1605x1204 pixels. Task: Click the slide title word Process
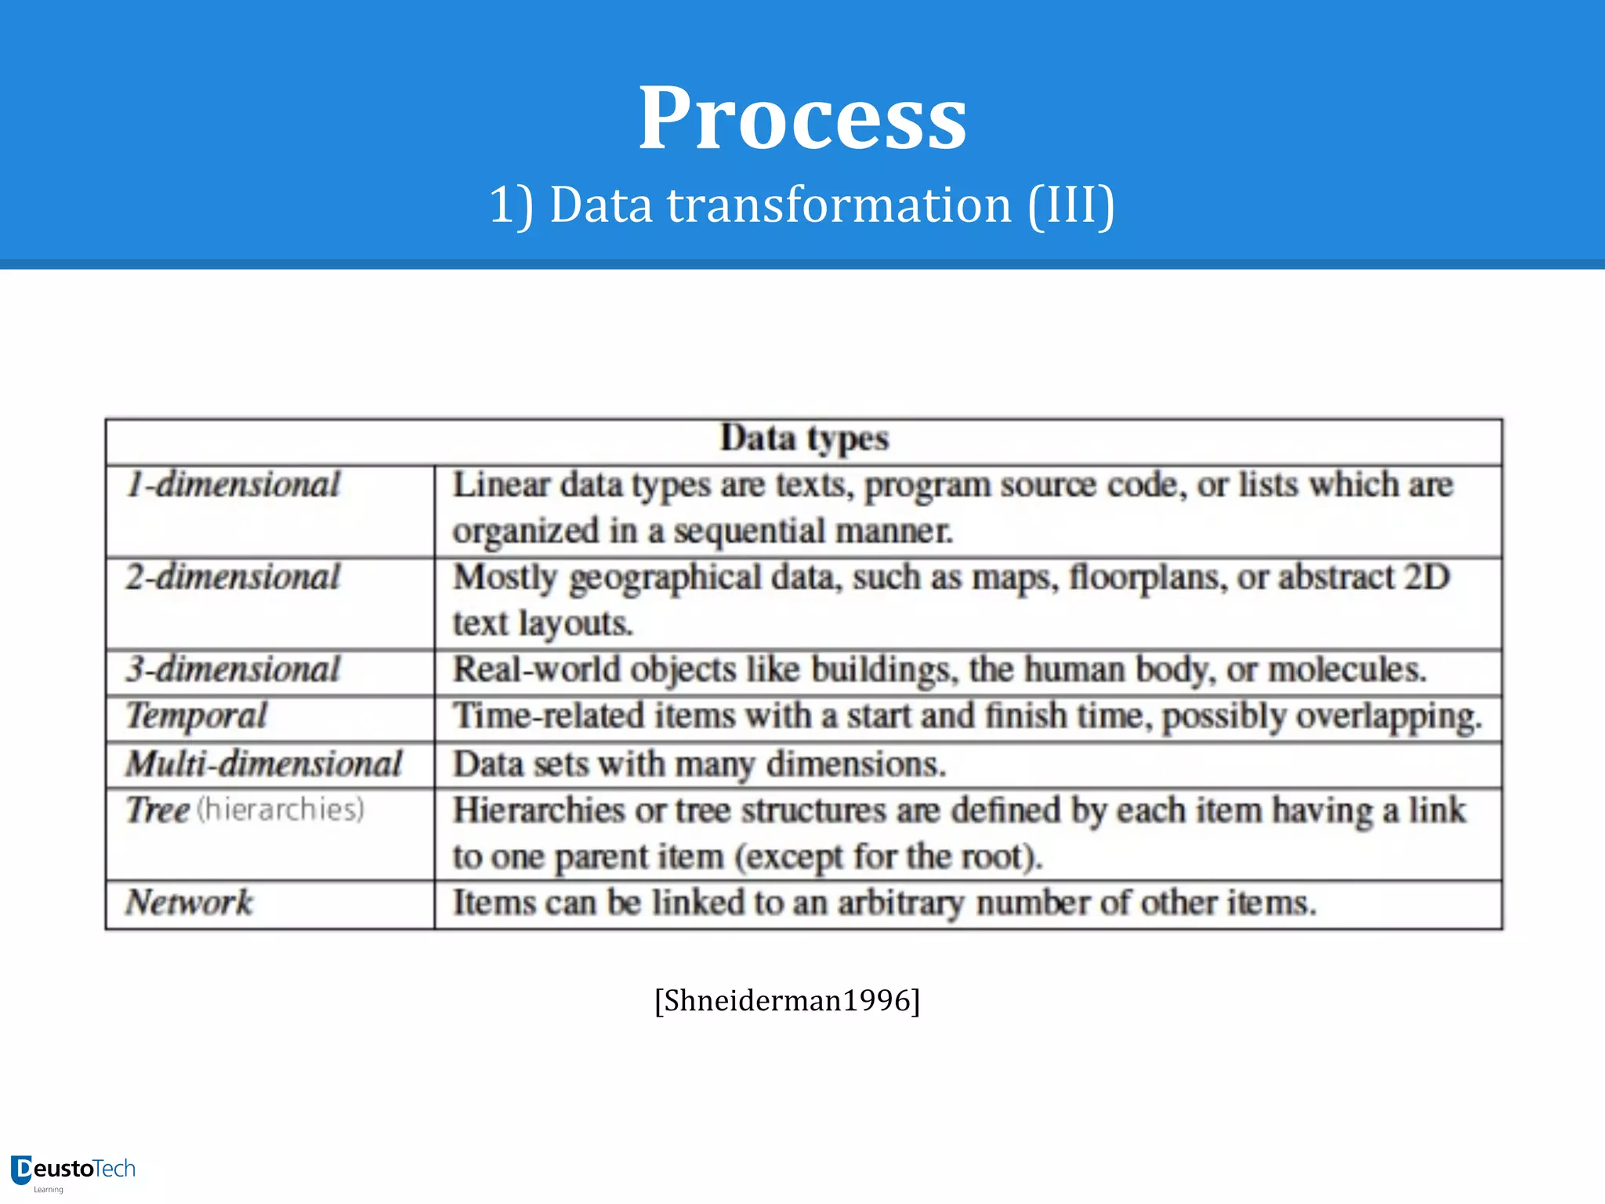802,119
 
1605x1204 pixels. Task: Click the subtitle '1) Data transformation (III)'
802,205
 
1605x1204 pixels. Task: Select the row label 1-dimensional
234,485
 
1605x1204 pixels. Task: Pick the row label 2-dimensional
234,578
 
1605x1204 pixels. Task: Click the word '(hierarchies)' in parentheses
281,810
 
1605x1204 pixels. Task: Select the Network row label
190,903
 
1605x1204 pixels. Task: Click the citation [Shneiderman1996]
787,1001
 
